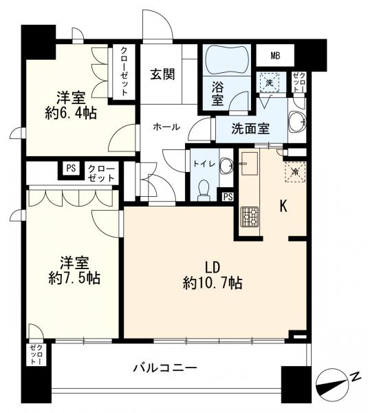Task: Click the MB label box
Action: point(275,56)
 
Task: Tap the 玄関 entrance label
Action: point(162,74)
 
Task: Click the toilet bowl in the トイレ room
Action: point(204,189)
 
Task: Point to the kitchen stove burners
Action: point(250,217)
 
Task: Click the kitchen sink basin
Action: point(249,164)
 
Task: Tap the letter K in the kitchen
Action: point(283,206)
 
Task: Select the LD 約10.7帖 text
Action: point(213,276)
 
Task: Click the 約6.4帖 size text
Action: point(71,114)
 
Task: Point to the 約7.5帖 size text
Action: point(74,278)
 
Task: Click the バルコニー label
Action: point(165,368)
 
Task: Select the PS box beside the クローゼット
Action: point(71,169)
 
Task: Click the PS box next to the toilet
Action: point(228,196)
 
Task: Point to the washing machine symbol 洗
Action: point(269,82)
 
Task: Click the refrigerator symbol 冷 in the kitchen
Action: point(295,172)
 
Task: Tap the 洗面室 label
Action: point(250,129)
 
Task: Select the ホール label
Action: point(166,127)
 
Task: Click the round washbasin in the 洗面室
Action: point(297,123)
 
